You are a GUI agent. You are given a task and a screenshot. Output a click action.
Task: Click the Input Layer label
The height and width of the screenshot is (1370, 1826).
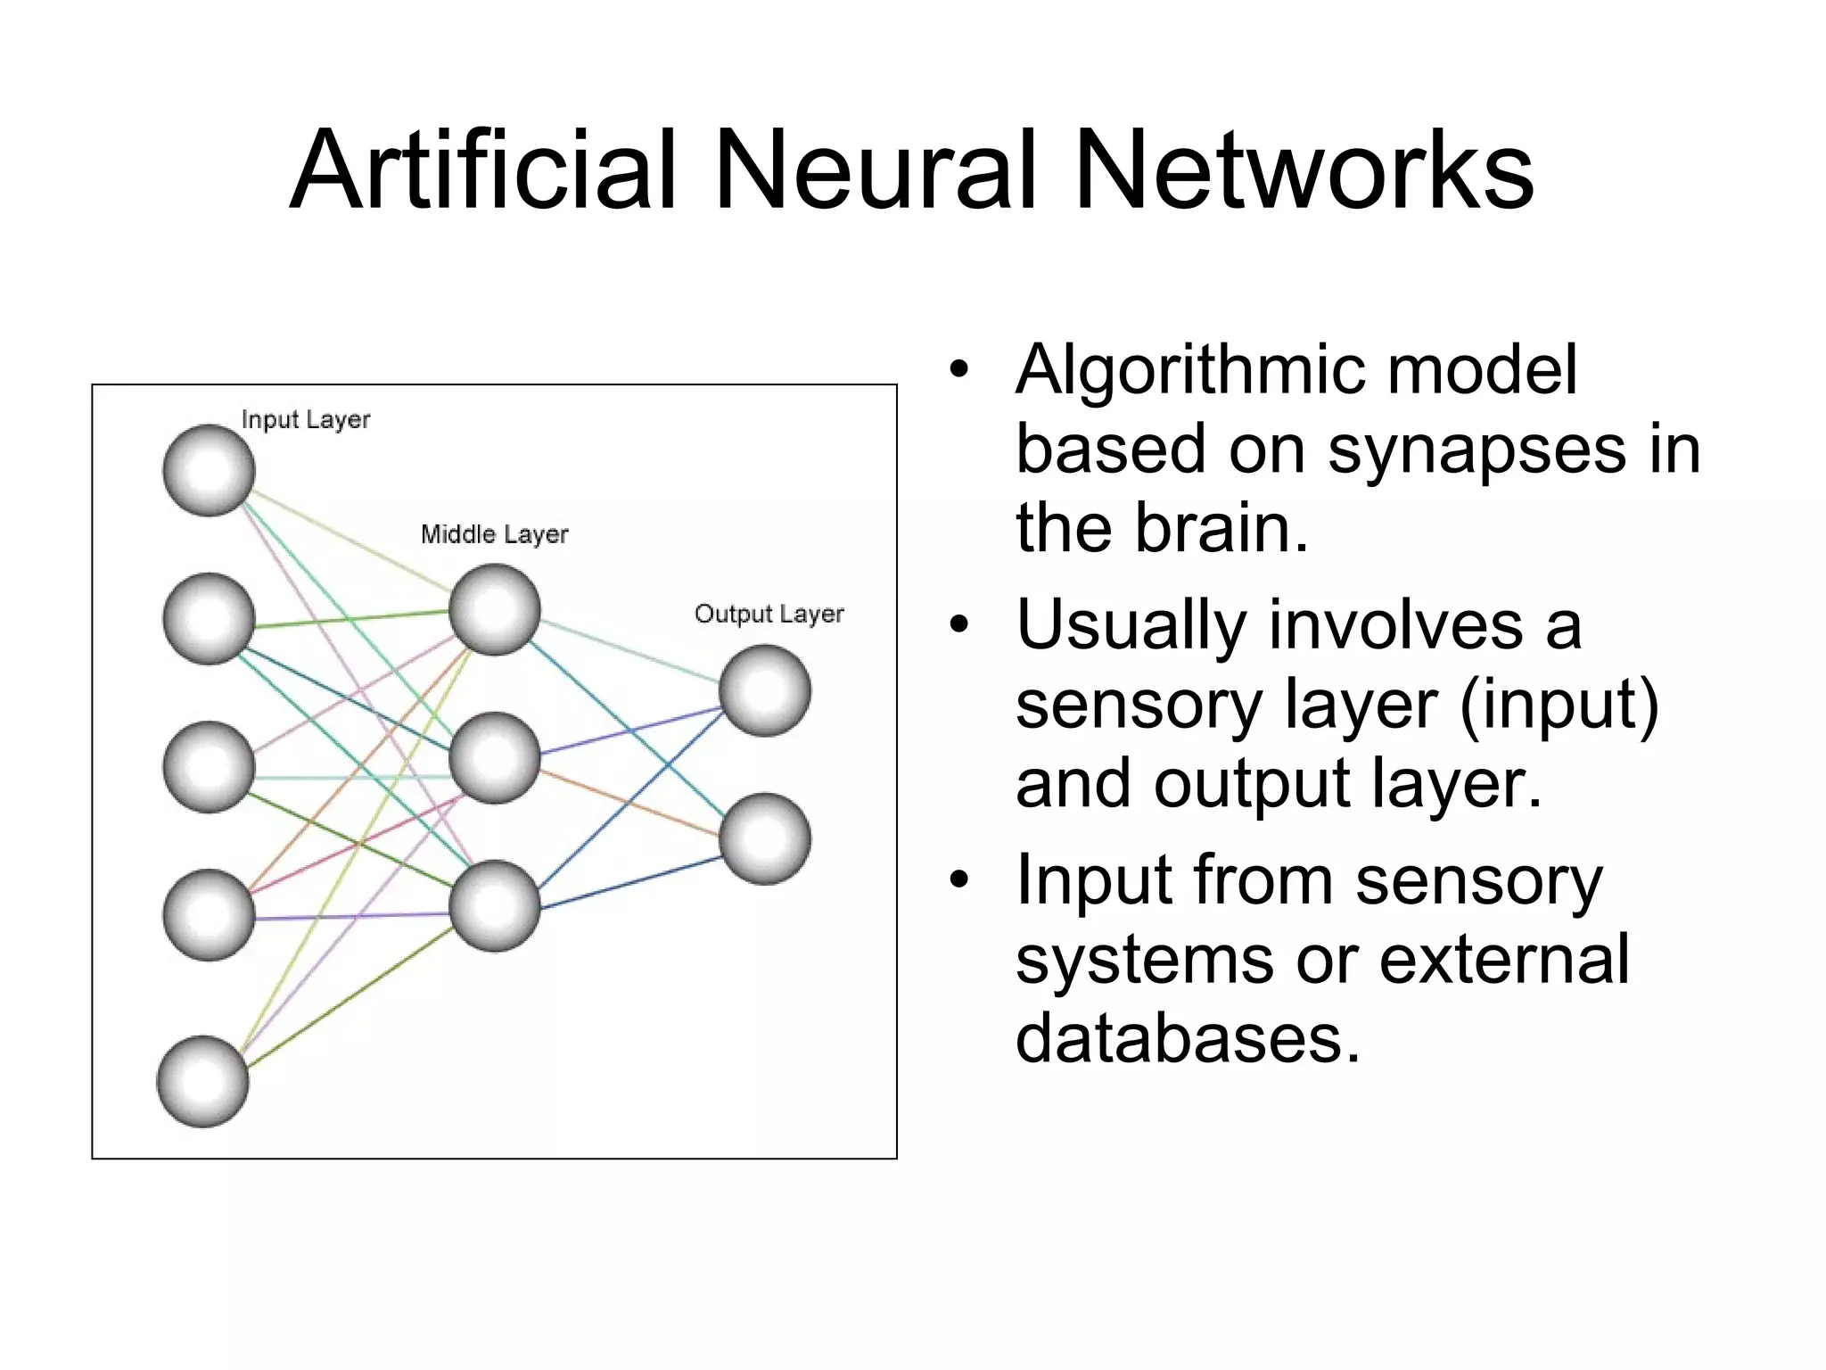[305, 419]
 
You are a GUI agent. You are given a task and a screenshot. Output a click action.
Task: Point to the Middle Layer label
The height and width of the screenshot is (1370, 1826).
[494, 534]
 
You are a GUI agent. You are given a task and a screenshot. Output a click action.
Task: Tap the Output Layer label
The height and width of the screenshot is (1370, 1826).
[769, 614]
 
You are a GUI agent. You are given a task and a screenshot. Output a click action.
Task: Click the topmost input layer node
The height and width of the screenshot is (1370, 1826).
[209, 470]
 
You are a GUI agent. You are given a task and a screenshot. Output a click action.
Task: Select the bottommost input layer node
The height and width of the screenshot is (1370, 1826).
[202, 1081]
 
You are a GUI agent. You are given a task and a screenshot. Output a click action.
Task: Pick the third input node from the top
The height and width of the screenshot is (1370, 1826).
[209, 767]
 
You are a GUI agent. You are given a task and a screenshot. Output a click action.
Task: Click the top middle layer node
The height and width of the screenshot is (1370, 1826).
[495, 610]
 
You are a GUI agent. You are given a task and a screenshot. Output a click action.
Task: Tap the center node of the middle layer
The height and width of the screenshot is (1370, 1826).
[495, 758]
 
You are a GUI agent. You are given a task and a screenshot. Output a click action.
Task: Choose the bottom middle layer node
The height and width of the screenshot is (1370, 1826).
[495, 906]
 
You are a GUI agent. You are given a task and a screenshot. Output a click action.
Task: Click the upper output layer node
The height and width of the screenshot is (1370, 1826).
[765, 690]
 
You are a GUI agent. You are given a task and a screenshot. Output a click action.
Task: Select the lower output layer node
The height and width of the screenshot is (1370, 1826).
[765, 839]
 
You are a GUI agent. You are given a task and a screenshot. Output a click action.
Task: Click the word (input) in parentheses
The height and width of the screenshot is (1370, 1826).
[1559, 705]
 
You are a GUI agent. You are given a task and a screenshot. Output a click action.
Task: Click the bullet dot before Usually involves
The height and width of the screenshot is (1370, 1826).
[958, 625]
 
